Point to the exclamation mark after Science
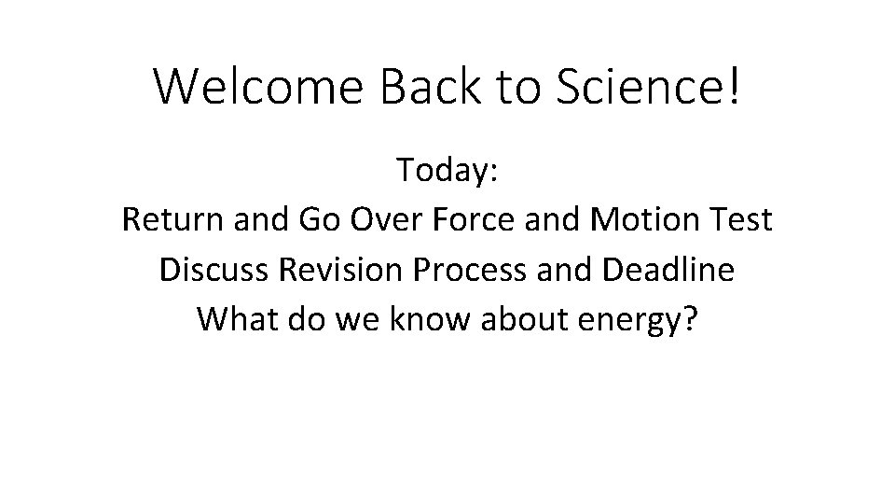pyautogui.click(x=733, y=86)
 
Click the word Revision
pyautogui.click(x=341, y=270)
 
